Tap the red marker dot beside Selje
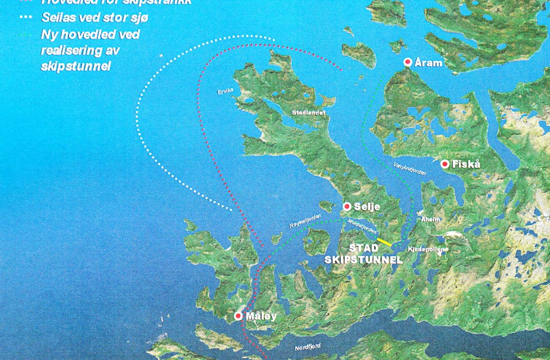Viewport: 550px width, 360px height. click(347, 206)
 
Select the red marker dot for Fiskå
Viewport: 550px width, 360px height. click(445, 164)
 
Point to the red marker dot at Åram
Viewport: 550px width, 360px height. click(408, 63)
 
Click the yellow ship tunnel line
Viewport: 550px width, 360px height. click(384, 242)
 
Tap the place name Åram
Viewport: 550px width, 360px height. click(429, 63)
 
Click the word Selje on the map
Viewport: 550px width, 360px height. click(366, 207)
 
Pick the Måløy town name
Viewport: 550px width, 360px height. click(261, 317)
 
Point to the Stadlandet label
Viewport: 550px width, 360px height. click(309, 113)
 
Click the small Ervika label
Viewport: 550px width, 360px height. click(224, 91)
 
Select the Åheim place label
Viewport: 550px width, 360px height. click(430, 220)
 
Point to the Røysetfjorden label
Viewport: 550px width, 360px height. click(305, 223)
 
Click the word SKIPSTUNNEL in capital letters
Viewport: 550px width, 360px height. click(364, 259)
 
